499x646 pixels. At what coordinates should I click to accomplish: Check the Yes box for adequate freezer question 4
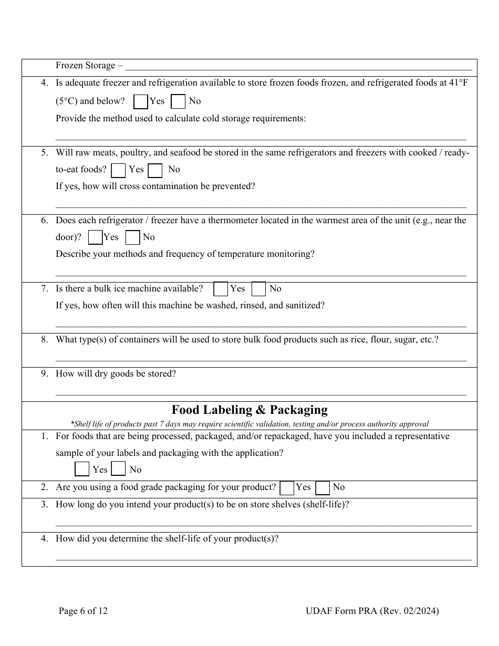(x=140, y=101)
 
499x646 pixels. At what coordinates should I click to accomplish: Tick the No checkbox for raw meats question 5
(x=155, y=170)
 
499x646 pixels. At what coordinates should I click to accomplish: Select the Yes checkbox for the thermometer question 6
(x=95, y=237)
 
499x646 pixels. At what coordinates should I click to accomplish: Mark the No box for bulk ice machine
(x=258, y=289)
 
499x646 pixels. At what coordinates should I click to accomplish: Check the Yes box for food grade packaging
(x=287, y=488)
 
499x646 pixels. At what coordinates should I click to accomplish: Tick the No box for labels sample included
(x=119, y=469)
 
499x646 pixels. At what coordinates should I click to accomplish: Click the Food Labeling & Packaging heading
(x=250, y=410)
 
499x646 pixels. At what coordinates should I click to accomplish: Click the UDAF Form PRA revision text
(x=372, y=611)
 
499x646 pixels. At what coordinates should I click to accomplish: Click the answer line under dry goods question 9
(x=261, y=393)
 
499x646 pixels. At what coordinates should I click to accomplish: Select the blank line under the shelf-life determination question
(x=263, y=559)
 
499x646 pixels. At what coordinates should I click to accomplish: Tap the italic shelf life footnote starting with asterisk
(x=250, y=424)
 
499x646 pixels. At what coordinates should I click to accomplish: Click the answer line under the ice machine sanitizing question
(x=261, y=325)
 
